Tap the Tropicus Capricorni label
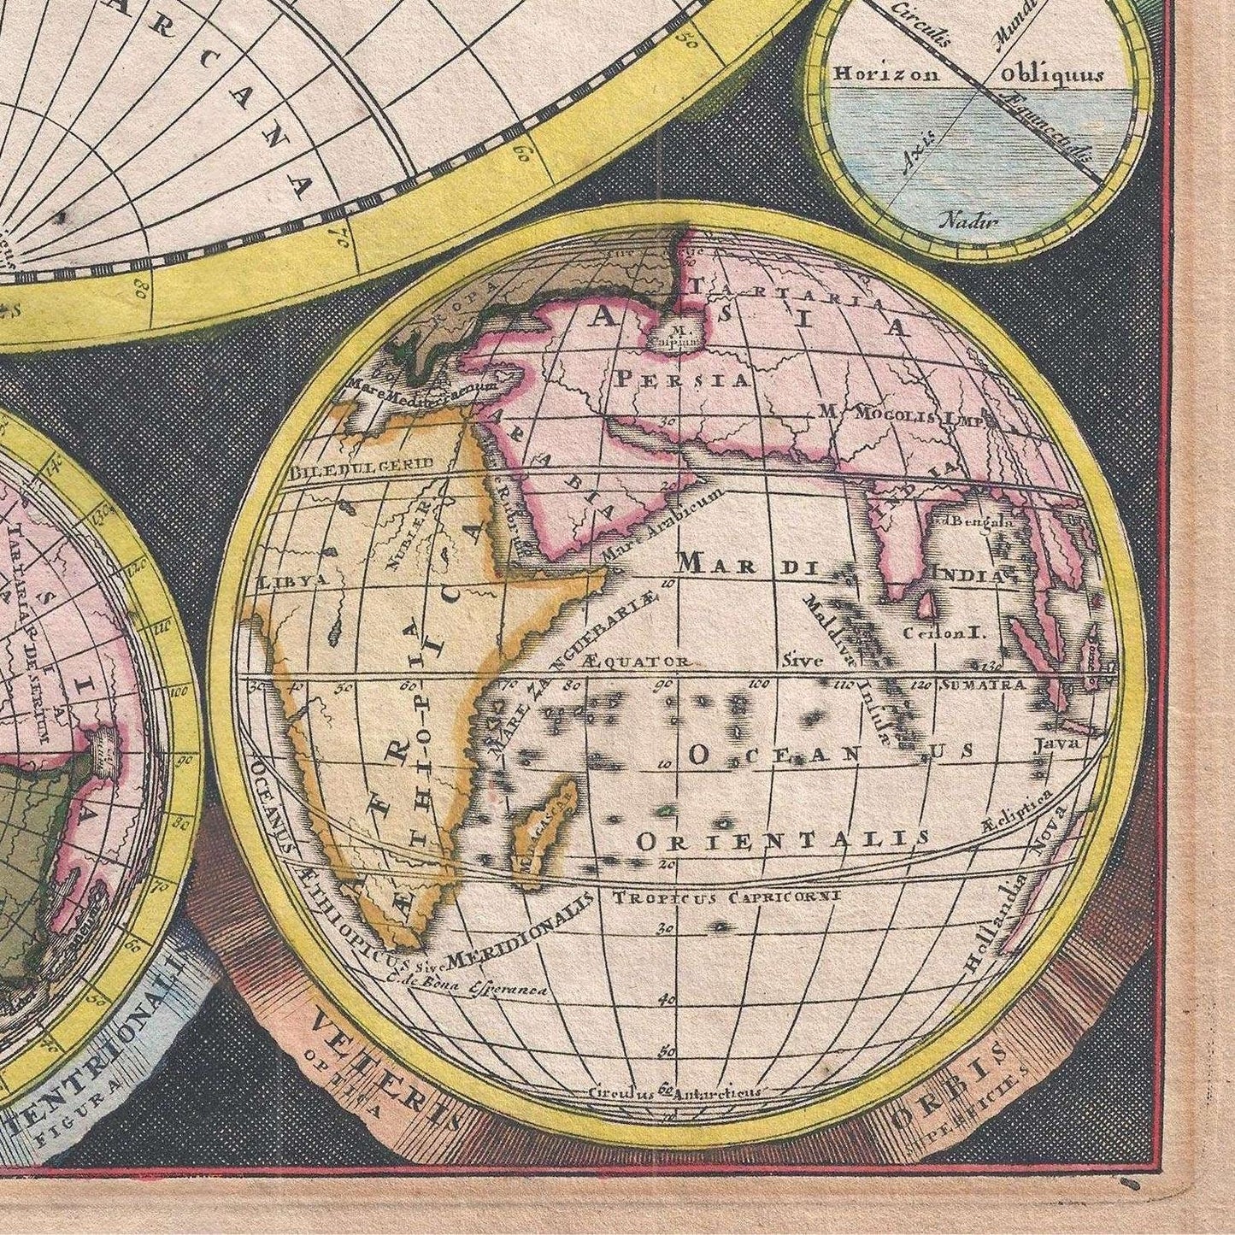click(726, 897)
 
